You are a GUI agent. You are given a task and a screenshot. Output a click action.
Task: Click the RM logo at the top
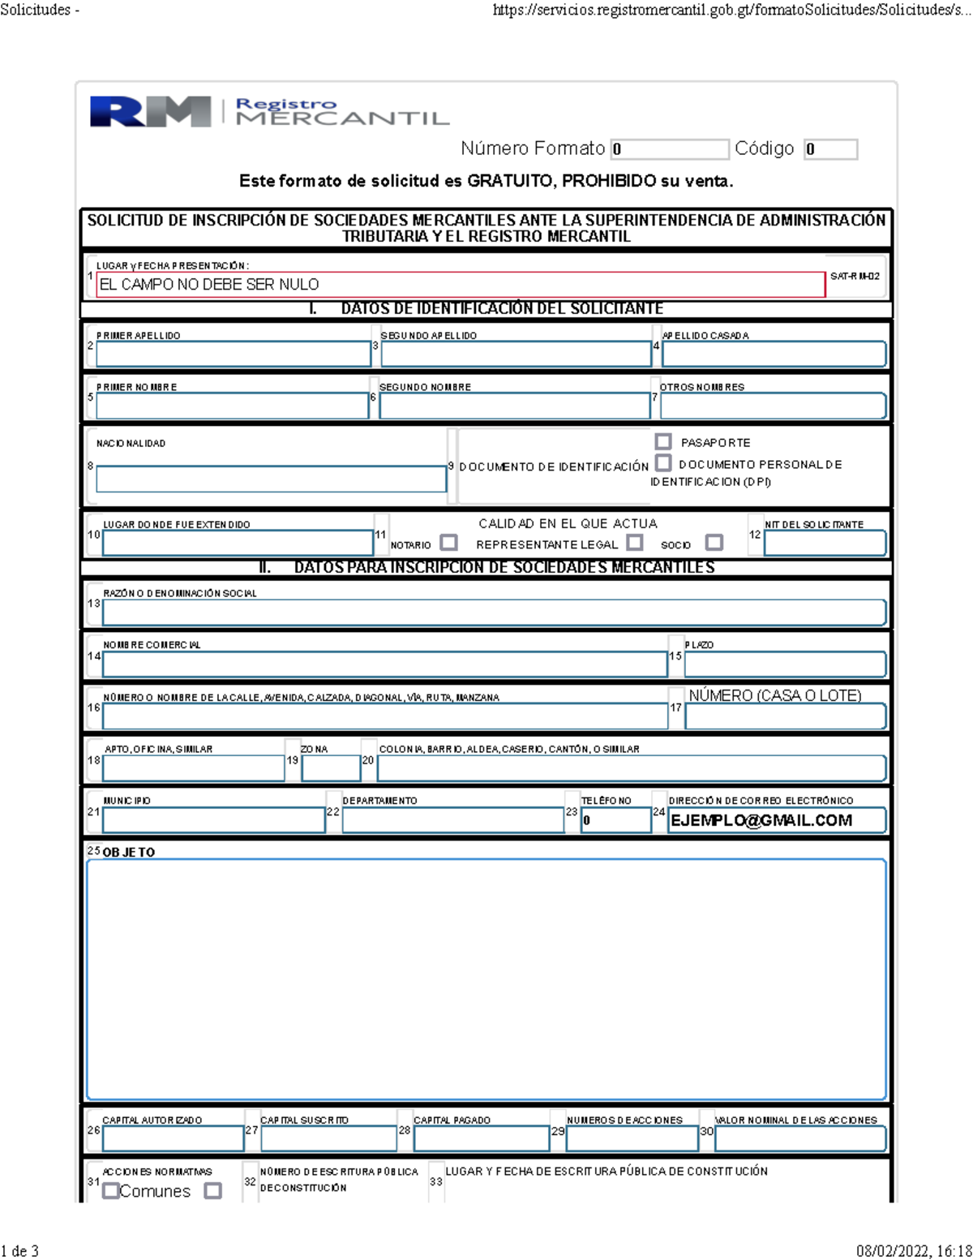click(x=150, y=111)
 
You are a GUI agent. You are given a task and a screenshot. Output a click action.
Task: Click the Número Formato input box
click(x=670, y=149)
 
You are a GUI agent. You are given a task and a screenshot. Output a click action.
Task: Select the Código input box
click(x=830, y=149)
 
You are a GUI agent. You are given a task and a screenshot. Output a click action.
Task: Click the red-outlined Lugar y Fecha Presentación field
click(x=460, y=285)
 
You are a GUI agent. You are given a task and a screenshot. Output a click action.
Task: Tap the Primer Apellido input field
click(x=233, y=354)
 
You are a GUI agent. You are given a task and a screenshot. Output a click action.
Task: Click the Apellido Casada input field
click(x=774, y=354)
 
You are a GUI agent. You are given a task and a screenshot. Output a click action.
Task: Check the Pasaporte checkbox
click(x=663, y=441)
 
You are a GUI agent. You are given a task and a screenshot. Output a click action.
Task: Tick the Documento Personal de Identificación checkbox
click(x=663, y=463)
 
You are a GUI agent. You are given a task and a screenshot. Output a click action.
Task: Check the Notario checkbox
click(x=448, y=542)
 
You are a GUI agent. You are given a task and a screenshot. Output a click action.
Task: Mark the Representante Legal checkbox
click(x=635, y=542)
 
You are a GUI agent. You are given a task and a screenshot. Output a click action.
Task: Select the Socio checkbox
click(x=714, y=542)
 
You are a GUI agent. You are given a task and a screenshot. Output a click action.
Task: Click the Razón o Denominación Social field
click(x=493, y=613)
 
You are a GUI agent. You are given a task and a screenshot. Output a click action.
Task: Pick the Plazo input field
click(x=785, y=664)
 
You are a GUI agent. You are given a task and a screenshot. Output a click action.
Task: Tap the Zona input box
click(x=331, y=768)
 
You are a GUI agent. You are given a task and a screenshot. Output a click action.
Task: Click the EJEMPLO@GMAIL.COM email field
click(x=776, y=820)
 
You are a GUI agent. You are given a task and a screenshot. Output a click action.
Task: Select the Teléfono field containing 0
click(x=615, y=820)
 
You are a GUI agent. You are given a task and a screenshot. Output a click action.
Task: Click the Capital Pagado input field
click(x=481, y=1138)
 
